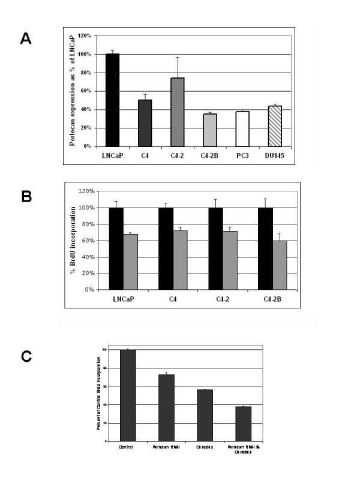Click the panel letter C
26,355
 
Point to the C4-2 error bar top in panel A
151,57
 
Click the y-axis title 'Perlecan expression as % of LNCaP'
72,90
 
